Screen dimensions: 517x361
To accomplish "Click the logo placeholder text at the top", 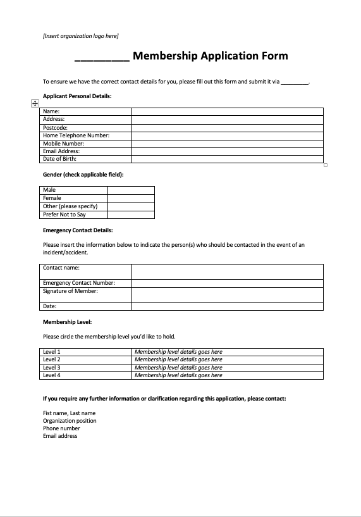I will (80, 36).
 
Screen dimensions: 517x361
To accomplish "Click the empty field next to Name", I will (227, 111).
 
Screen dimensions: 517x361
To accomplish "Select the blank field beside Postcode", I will (227, 127).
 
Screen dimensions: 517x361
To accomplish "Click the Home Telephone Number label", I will (76, 135).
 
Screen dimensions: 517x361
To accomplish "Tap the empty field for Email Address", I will (227, 151).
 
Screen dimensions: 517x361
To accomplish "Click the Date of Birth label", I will (61, 159).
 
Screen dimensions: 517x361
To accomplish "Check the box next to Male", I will (131, 190).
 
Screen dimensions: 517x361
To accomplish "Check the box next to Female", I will (131, 198).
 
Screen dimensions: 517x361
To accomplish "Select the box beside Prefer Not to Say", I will (131, 215).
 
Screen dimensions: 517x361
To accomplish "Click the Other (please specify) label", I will (70, 206).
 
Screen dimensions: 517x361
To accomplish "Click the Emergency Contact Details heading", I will (78, 230).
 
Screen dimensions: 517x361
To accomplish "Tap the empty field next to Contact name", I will (227, 271).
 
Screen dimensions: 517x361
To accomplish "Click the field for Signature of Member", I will (227, 295).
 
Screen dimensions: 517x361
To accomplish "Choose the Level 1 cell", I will (85, 352).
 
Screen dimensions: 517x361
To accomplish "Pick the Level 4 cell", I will (85, 375).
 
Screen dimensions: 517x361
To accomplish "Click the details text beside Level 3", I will (178, 368).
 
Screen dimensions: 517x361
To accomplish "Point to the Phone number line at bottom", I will (61, 428).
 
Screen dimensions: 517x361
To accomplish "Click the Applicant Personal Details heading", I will (77, 96).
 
